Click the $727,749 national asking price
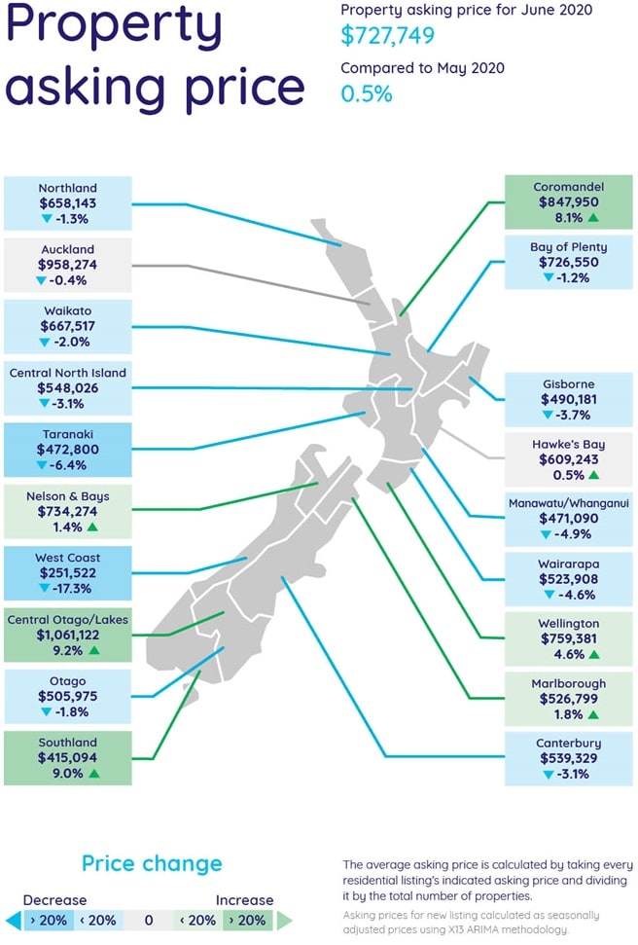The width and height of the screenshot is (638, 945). tap(387, 36)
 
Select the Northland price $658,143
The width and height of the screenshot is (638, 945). tap(68, 204)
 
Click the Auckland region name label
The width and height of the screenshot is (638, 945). tap(68, 249)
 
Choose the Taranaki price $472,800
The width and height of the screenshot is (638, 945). tap(68, 450)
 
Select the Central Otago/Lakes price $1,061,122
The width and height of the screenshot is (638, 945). tap(68, 635)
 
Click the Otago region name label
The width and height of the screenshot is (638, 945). tap(68, 681)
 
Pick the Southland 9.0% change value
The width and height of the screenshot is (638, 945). tap(61, 773)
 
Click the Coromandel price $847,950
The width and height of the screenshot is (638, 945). tap(569, 202)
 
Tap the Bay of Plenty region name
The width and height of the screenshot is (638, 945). tap(569, 247)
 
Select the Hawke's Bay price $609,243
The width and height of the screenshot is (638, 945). tap(569, 460)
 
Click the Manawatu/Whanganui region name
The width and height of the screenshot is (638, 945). tap(569, 504)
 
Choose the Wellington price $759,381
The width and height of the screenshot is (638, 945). tap(569, 639)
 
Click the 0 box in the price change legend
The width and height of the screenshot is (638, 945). tap(148, 920)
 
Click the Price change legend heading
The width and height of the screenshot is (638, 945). tap(152, 863)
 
